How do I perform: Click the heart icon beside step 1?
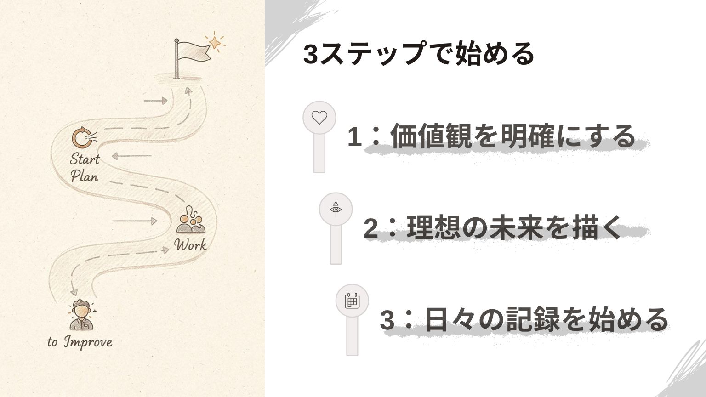tap(319, 118)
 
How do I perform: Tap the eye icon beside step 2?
tap(336, 209)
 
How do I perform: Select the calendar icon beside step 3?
tap(352, 301)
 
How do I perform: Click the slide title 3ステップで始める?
tap(419, 54)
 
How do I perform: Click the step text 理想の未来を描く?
tap(514, 227)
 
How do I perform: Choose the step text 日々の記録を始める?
tap(547, 319)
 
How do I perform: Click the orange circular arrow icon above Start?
tap(82, 138)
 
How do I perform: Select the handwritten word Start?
tap(85, 159)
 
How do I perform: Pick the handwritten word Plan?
tap(85, 176)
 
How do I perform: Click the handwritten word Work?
tap(190, 245)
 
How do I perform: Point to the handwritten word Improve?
tap(88, 342)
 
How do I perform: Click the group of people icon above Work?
tap(191, 220)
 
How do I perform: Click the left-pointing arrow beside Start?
tap(132, 156)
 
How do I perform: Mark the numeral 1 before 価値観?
tap(354, 137)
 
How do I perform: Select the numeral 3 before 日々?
tap(387, 320)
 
